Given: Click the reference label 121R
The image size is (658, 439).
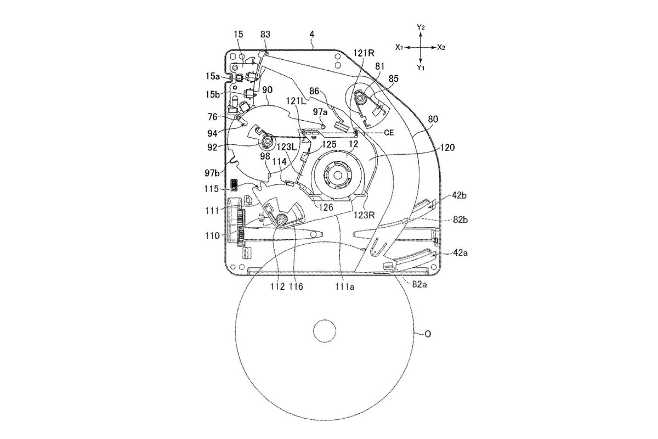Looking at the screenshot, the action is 364,53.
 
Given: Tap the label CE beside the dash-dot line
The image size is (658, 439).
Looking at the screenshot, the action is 389,133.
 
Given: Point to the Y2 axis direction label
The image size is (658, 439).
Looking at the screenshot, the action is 421,27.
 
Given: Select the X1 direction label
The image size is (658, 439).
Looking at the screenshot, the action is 399,47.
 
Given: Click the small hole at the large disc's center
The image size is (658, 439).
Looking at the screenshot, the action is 325,331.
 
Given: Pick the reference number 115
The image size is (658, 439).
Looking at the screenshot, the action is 212,189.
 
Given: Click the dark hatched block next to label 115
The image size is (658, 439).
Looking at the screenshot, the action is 234,184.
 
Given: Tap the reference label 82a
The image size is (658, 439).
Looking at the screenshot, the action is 419,284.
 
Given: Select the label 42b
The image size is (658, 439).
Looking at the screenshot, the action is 458,195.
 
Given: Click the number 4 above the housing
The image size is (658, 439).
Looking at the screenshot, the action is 312,35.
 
